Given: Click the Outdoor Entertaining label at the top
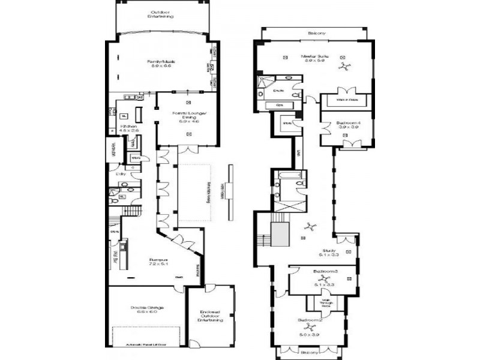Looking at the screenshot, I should (x=161, y=14).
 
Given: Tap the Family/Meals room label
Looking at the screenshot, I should (x=161, y=64).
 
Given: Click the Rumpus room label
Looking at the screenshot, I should (x=158, y=262).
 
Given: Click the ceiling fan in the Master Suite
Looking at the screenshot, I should (x=343, y=68).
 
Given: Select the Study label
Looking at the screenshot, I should (x=328, y=252).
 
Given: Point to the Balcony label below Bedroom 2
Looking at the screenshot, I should (x=309, y=352).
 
